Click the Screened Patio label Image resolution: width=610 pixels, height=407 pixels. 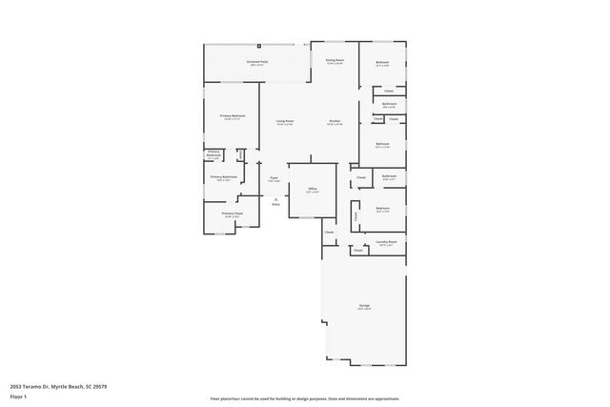[x=257, y=61]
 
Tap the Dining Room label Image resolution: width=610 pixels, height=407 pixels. [x=334, y=60]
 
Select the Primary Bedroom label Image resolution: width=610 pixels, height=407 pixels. [x=233, y=116]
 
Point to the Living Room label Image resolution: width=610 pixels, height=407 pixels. [x=284, y=121]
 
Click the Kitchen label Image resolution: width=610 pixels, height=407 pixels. [x=335, y=121]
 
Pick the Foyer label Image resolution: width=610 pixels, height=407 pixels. [x=274, y=177]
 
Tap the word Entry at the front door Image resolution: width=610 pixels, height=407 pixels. [x=275, y=203]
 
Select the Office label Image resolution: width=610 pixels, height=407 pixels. [x=312, y=189]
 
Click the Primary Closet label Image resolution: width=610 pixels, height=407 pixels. [x=233, y=214]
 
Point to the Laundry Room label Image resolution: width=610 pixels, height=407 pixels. [x=385, y=242]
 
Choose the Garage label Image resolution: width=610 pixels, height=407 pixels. [x=364, y=305]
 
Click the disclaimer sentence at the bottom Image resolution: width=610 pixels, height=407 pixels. [x=304, y=397]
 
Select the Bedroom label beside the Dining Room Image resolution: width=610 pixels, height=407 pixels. [x=382, y=64]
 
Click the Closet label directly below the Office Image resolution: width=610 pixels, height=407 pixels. [x=329, y=233]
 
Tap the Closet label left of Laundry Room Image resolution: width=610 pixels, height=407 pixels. [x=359, y=251]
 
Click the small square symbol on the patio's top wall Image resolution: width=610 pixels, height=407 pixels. [x=258, y=44]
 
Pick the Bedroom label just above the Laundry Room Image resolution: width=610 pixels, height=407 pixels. [x=382, y=208]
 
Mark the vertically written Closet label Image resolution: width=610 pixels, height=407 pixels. [x=356, y=216]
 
